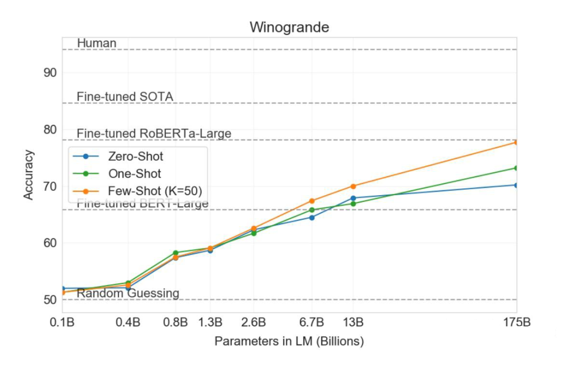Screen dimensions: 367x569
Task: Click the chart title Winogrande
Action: [x=289, y=27]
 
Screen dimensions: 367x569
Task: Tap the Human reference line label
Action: [x=96, y=43]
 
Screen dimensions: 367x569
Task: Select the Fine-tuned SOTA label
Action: [x=125, y=96]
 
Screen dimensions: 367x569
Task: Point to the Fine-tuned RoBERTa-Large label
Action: [x=154, y=133]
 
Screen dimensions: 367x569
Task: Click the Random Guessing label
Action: [x=128, y=293]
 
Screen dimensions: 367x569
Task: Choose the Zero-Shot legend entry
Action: [x=135, y=157]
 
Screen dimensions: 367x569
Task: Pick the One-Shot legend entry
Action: [x=134, y=173]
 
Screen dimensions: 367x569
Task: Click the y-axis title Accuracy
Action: [x=29, y=175]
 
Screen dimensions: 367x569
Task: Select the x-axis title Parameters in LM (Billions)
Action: [x=289, y=341]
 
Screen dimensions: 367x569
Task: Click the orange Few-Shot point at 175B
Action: [x=516, y=142]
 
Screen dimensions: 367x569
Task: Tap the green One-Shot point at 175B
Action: [x=516, y=168]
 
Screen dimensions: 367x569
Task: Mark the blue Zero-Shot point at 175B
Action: [x=516, y=185]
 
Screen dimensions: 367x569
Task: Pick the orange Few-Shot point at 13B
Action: [x=353, y=186]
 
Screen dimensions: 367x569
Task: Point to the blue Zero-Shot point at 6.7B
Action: [x=311, y=217]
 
